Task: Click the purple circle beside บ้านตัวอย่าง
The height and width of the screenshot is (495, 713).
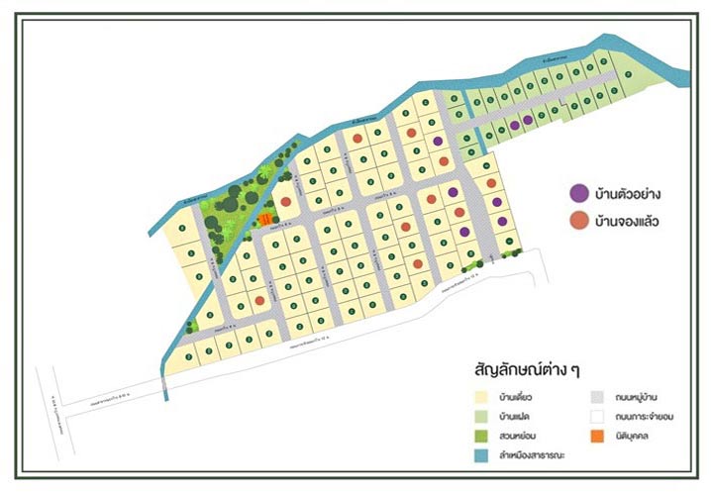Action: pyautogui.click(x=578, y=193)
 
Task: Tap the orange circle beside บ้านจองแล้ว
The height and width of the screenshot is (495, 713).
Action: pyautogui.click(x=578, y=221)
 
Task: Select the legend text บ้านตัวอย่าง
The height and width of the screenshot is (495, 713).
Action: pyautogui.click(x=627, y=193)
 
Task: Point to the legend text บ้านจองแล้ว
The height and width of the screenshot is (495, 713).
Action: pyautogui.click(x=627, y=221)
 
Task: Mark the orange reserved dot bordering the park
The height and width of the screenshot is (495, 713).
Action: pyautogui.click(x=285, y=202)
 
